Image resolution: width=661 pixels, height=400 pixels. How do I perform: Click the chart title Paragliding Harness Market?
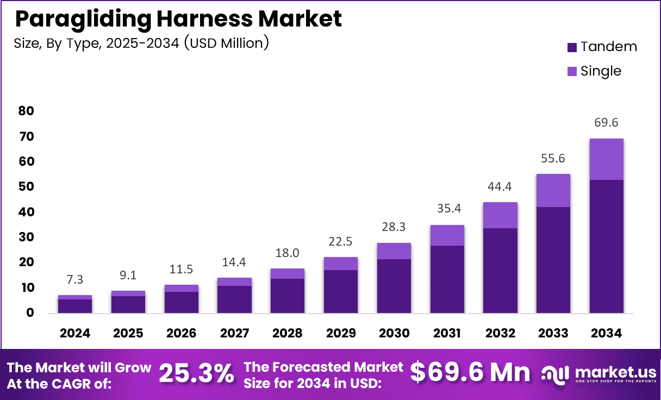(178, 19)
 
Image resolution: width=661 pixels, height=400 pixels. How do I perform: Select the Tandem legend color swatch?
(571, 47)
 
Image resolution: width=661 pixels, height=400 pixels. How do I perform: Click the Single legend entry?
(600, 71)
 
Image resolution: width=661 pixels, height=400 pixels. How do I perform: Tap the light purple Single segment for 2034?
(606, 159)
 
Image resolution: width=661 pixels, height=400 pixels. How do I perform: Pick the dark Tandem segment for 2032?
(500, 270)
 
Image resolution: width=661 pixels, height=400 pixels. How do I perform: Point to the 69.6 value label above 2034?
(606, 123)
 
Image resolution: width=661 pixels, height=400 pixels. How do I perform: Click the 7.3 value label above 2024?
(75, 279)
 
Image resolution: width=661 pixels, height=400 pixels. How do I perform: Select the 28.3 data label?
(394, 227)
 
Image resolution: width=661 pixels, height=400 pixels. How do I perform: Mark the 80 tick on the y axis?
(26, 111)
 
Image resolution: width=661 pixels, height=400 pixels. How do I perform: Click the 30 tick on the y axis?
(26, 237)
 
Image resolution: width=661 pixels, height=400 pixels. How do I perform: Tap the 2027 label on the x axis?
(235, 333)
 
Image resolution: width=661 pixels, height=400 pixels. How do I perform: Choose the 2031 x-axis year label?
(447, 333)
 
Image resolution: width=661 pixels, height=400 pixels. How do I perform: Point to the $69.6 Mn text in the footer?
(470, 372)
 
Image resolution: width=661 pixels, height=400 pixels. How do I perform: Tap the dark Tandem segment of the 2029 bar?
(341, 291)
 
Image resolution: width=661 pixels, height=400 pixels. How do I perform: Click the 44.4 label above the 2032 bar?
(500, 187)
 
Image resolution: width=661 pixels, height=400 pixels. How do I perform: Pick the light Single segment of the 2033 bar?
(553, 190)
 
